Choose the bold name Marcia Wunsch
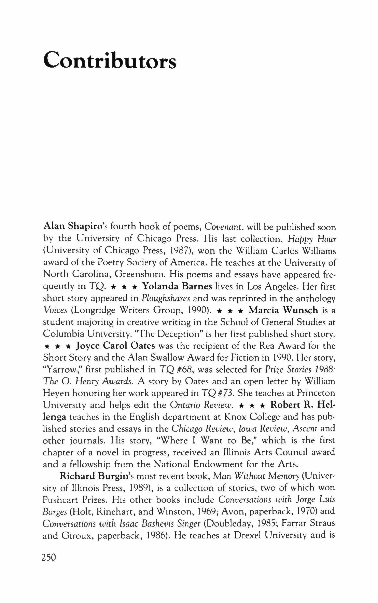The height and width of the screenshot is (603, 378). click(x=283, y=310)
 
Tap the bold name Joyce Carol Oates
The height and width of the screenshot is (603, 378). click(x=115, y=346)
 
